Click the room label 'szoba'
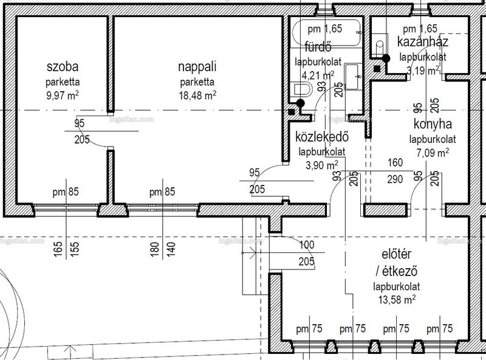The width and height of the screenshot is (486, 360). pyautogui.click(x=63, y=67)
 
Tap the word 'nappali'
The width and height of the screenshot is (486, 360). pyautogui.click(x=197, y=67)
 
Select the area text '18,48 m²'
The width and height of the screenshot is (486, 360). pyautogui.click(x=197, y=95)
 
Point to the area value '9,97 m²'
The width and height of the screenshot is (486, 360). pyautogui.click(x=63, y=95)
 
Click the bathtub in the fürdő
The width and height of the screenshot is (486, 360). pyautogui.click(x=327, y=33)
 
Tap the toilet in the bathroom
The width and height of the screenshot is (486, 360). pyautogui.click(x=301, y=89)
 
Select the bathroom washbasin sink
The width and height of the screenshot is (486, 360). pyautogui.click(x=353, y=77)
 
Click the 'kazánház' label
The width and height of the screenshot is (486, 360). pyautogui.click(x=422, y=41)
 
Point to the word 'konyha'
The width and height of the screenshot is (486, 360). pyautogui.click(x=433, y=124)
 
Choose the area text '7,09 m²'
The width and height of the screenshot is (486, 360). pyautogui.click(x=433, y=153)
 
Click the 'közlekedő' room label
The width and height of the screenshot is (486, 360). pyautogui.click(x=322, y=136)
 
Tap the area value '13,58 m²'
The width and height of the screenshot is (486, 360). pyautogui.click(x=397, y=299)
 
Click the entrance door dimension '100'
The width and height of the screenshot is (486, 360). pyautogui.click(x=307, y=245)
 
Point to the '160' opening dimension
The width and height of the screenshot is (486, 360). pyautogui.click(x=395, y=162)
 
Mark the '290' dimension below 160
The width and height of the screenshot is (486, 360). pyautogui.click(x=395, y=179)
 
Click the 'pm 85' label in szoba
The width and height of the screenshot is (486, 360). pyautogui.click(x=66, y=192)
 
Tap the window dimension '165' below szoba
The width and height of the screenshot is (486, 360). pyautogui.click(x=58, y=249)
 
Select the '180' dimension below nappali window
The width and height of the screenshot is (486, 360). pyautogui.click(x=154, y=249)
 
